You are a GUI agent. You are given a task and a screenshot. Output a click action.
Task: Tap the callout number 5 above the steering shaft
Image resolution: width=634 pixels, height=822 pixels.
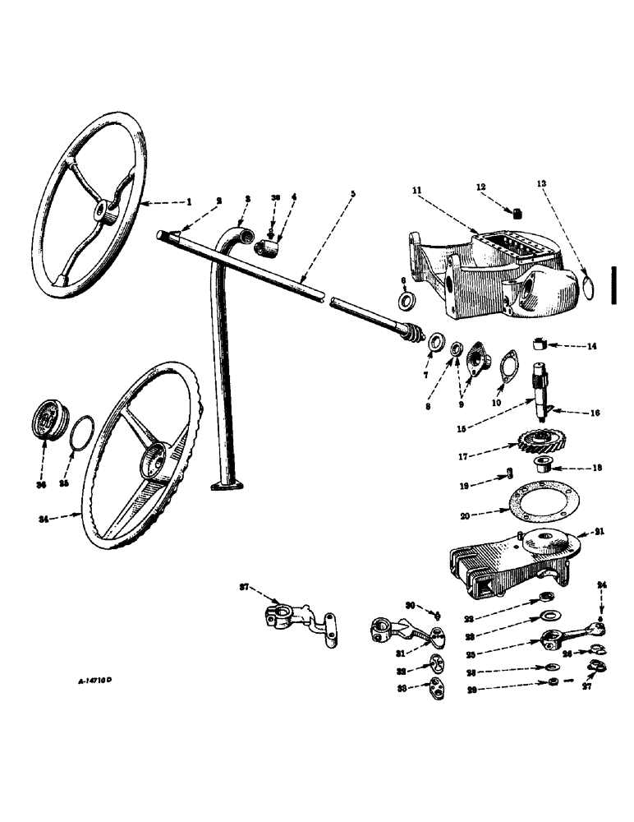coord(353,194)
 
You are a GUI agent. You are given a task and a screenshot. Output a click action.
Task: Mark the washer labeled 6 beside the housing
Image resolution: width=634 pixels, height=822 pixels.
coord(405,302)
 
